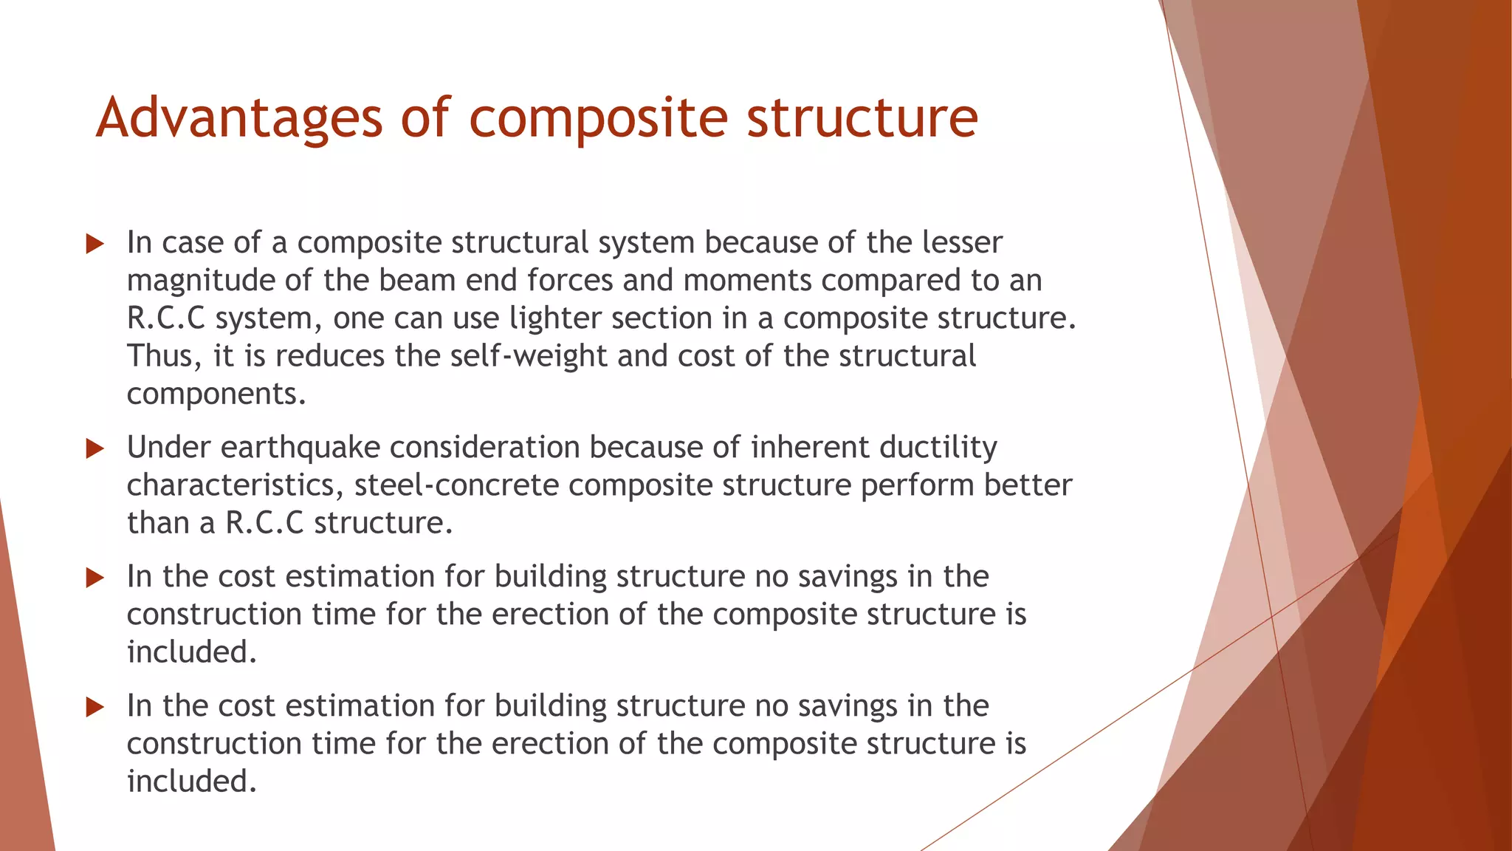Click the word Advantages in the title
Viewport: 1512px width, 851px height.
pyautogui.click(x=239, y=118)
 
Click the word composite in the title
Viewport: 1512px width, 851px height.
pyautogui.click(x=598, y=118)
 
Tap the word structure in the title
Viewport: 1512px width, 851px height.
pyautogui.click(x=862, y=118)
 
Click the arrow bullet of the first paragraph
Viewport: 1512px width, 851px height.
pyautogui.click(x=94, y=244)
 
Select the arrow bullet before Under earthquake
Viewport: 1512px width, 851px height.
pyautogui.click(x=94, y=448)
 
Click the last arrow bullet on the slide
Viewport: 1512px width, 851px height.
pyautogui.click(x=94, y=707)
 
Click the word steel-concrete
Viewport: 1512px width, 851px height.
pyautogui.click(x=456, y=485)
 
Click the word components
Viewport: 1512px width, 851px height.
pyautogui.click(x=216, y=394)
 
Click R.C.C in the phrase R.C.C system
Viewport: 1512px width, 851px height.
pyautogui.click(x=165, y=319)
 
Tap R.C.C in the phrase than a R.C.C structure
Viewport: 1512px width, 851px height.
pyautogui.click(x=264, y=524)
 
